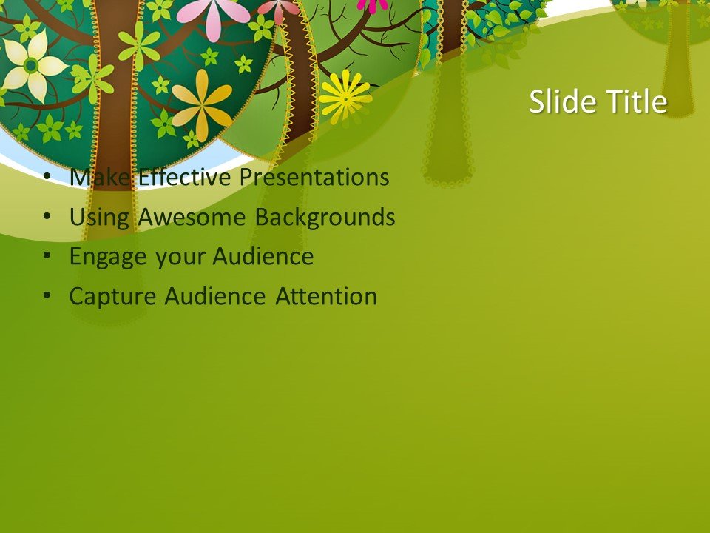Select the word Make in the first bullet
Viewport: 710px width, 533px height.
[101, 178]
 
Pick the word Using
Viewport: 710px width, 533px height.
[100, 218]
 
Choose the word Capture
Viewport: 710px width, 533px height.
[113, 296]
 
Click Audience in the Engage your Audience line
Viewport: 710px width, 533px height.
[263, 257]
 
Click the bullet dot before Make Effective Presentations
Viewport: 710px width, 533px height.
[47, 178]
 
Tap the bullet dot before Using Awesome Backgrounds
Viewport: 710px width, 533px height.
[47, 218]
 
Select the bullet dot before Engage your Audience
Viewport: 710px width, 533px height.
[47, 257]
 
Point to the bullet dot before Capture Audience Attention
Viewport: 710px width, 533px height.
[47, 296]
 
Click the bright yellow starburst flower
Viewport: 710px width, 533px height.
[345, 96]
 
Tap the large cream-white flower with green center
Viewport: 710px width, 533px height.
[31, 65]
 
